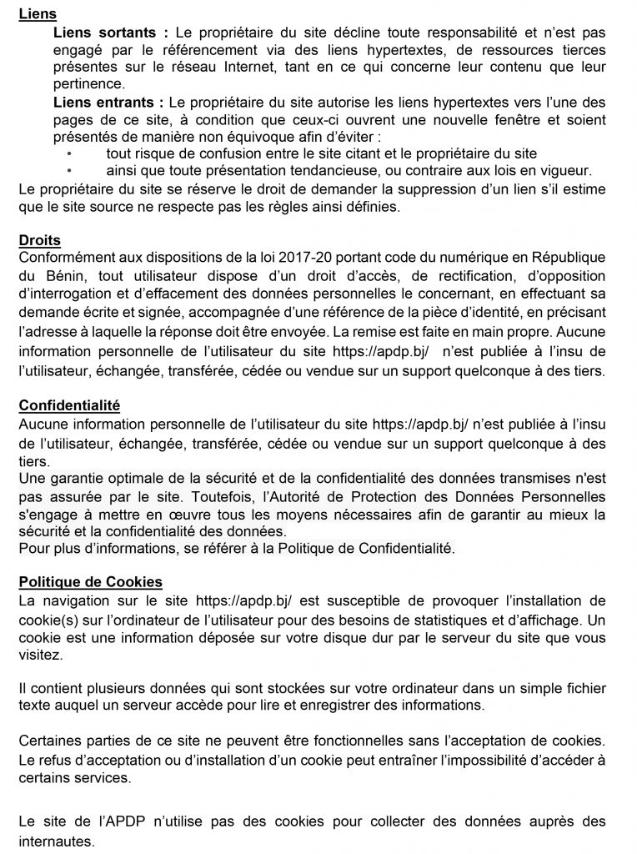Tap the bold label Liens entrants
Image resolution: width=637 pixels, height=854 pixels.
[x=104, y=103]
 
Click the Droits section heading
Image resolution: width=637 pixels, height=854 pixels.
[x=40, y=241]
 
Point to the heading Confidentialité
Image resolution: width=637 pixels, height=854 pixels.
[x=69, y=406]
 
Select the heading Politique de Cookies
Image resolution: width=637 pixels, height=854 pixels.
[x=90, y=581]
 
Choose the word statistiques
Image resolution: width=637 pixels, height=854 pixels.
[x=447, y=618]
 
